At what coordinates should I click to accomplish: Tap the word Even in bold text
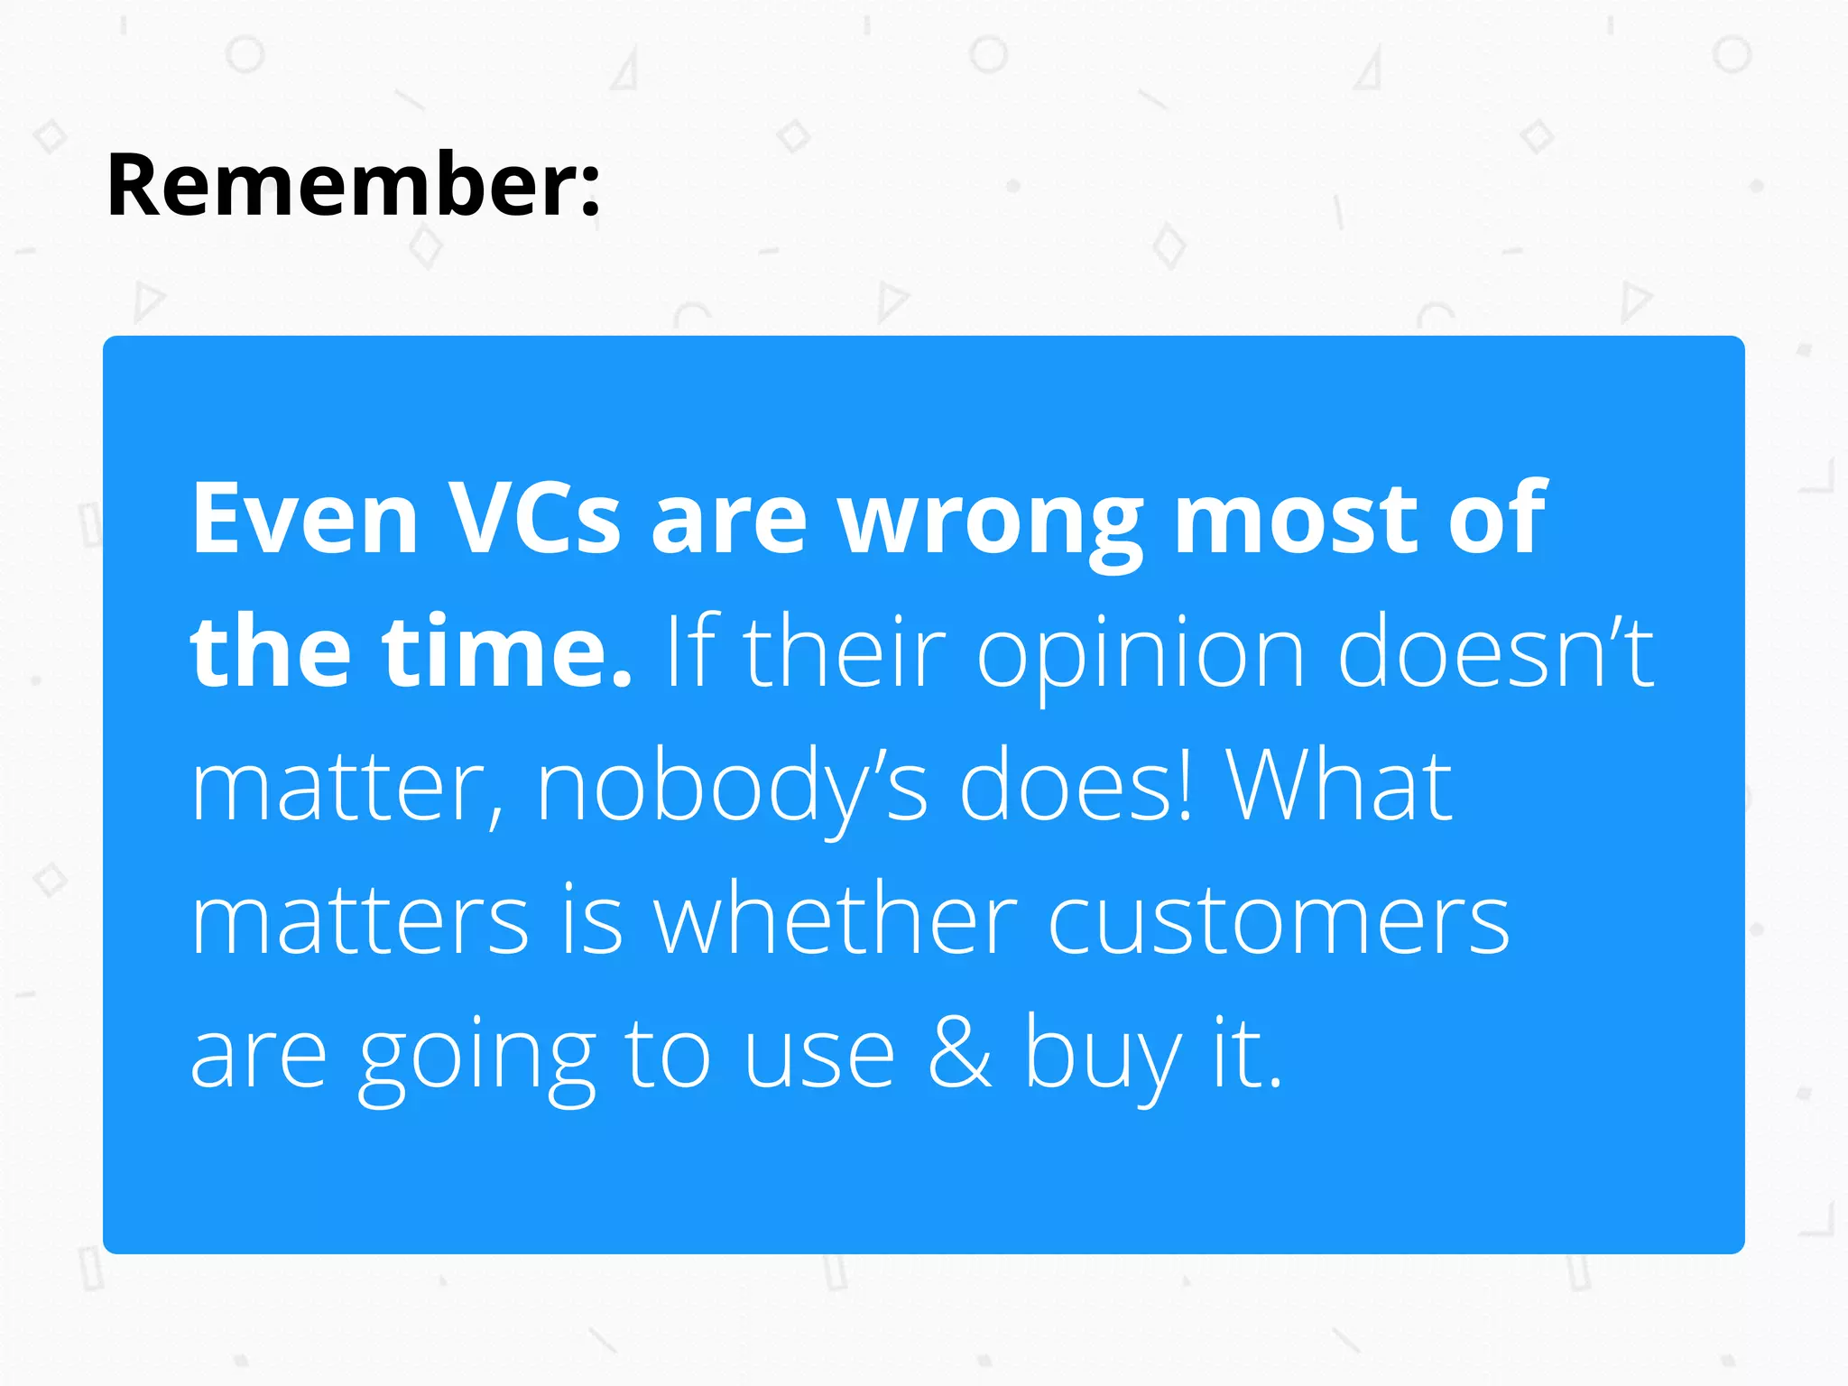(x=305, y=518)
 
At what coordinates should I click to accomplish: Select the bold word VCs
(x=534, y=518)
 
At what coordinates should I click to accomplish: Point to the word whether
(x=836, y=919)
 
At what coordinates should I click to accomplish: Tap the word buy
(x=1103, y=1056)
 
